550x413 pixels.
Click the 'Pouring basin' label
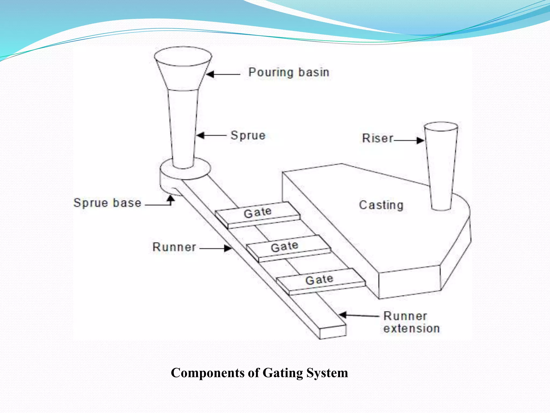click(289, 72)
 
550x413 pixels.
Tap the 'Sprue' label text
click(248, 135)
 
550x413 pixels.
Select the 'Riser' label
click(377, 138)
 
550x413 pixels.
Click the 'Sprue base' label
click(107, 203)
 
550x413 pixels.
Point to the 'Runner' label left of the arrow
click(174, 247)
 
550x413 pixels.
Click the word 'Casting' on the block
click(381, 205)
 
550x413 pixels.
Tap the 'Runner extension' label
click(411, 322)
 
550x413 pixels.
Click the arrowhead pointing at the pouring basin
click(210, 74)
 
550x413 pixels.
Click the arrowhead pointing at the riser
click(420, 140)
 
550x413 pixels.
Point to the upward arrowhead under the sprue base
click(171, 199)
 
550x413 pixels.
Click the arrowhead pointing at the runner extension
click(343, 315)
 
